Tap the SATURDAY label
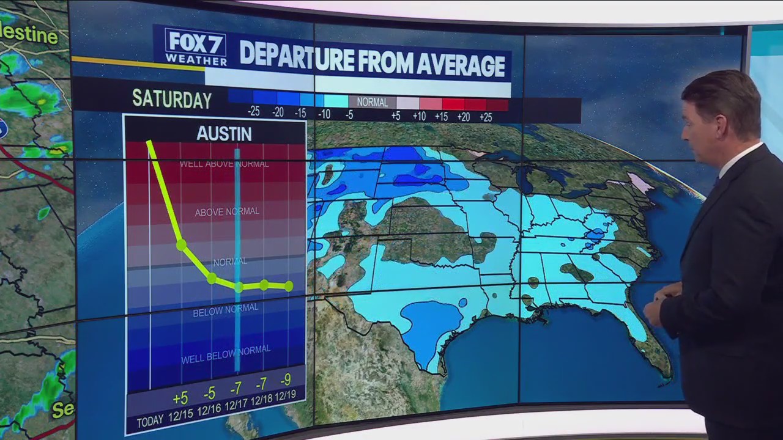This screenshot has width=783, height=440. (172, 100)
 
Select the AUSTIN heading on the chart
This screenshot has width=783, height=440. (224, 134)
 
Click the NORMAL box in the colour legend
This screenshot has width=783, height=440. (372, 102)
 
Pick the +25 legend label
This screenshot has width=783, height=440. (485, 117)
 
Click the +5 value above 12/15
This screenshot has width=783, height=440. (180, 398)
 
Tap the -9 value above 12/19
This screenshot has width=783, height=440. (286, 380)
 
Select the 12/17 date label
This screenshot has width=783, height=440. (236, 404)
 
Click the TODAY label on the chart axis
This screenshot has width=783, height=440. (149, 422)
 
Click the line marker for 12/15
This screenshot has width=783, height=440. (181, 245)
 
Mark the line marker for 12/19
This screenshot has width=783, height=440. (289, 286)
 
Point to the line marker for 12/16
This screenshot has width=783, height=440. (212, 279)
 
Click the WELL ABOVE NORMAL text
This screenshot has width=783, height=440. (224, 164)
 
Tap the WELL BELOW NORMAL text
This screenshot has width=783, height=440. (226, 354)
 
